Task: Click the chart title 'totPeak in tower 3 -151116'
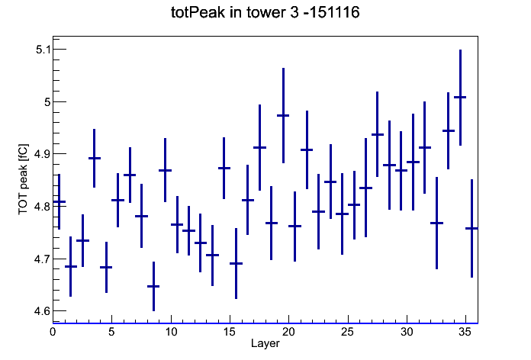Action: pos(265,12)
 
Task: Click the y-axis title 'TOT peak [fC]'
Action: pos(24,179)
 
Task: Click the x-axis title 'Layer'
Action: pos(265,343)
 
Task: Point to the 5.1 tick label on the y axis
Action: pos(43,50)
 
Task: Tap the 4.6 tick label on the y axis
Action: pos(42,311)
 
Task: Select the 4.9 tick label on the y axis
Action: pos(42,154)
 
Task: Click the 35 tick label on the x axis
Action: pos(465,332)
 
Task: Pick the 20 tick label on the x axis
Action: pos(288,332)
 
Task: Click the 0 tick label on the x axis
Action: pos(53,332)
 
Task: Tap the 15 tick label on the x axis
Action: pos(230,332)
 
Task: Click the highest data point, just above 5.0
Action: pos(460,97)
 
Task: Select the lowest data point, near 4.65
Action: pos(153,286)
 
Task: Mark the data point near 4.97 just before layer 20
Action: pos(283,115)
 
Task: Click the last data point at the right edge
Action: pos(471,228)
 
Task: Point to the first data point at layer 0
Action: pos(60,201)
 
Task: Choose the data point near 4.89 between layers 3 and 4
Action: pos(95,158)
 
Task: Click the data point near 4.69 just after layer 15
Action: pos(236,263)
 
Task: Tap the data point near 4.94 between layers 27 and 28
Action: pos(378,134)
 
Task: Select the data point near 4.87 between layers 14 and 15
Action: pos(224,168)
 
